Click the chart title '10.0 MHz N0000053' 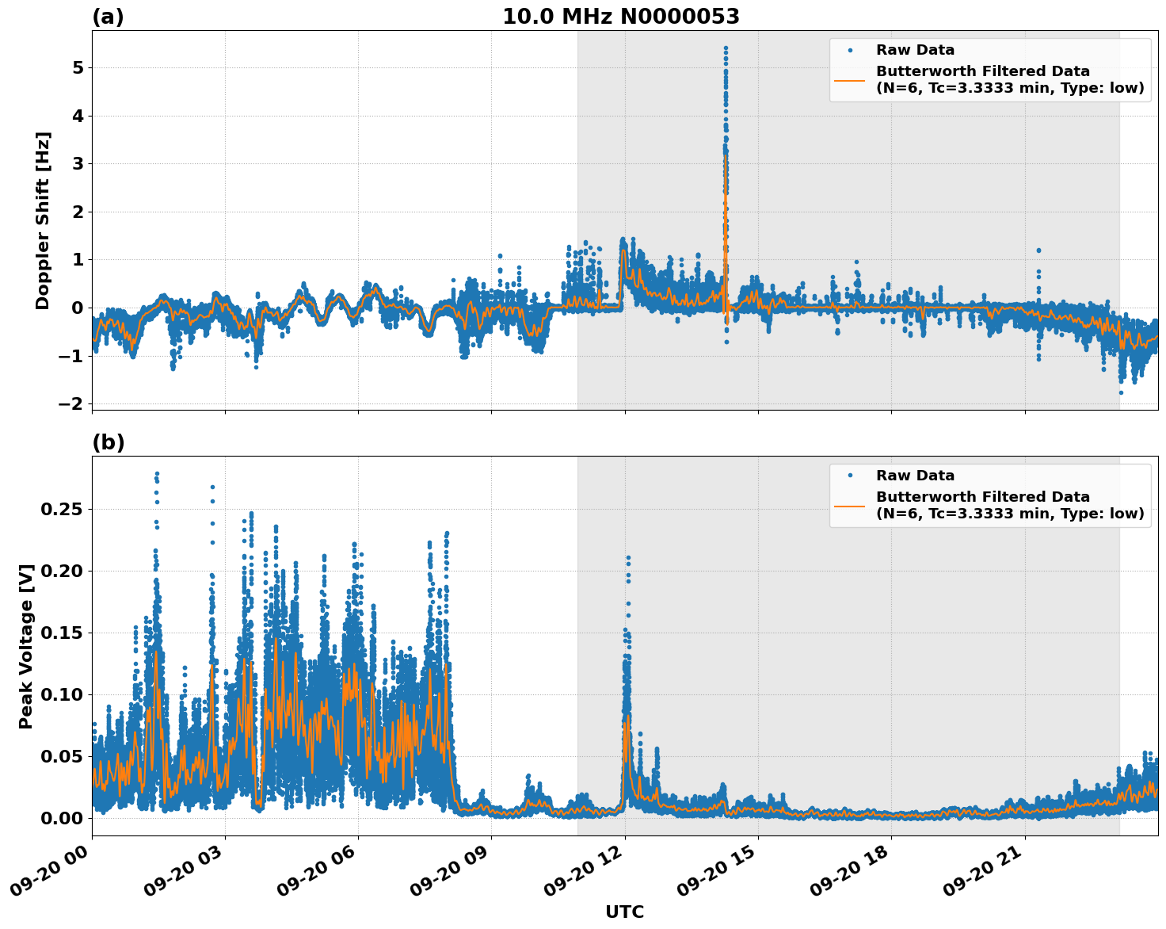[620, 17]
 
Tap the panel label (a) [108, 17]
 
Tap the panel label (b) [108, 442]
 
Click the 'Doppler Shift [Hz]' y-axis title [43, 220]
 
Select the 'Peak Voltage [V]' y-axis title [26, 646]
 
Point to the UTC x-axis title [624, 912]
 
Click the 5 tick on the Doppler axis [78, 68]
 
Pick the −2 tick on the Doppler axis [71, 404]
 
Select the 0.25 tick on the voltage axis [61, 509]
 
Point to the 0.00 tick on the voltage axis [61, 818]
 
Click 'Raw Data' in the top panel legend [915, 50]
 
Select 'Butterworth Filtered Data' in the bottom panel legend [982, 497]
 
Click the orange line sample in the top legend [849, 79]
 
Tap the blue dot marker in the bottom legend [849, 476]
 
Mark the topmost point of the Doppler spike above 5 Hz [726, 48]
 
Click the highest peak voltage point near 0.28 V [157, 474]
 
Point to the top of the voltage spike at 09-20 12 [628, 558]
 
